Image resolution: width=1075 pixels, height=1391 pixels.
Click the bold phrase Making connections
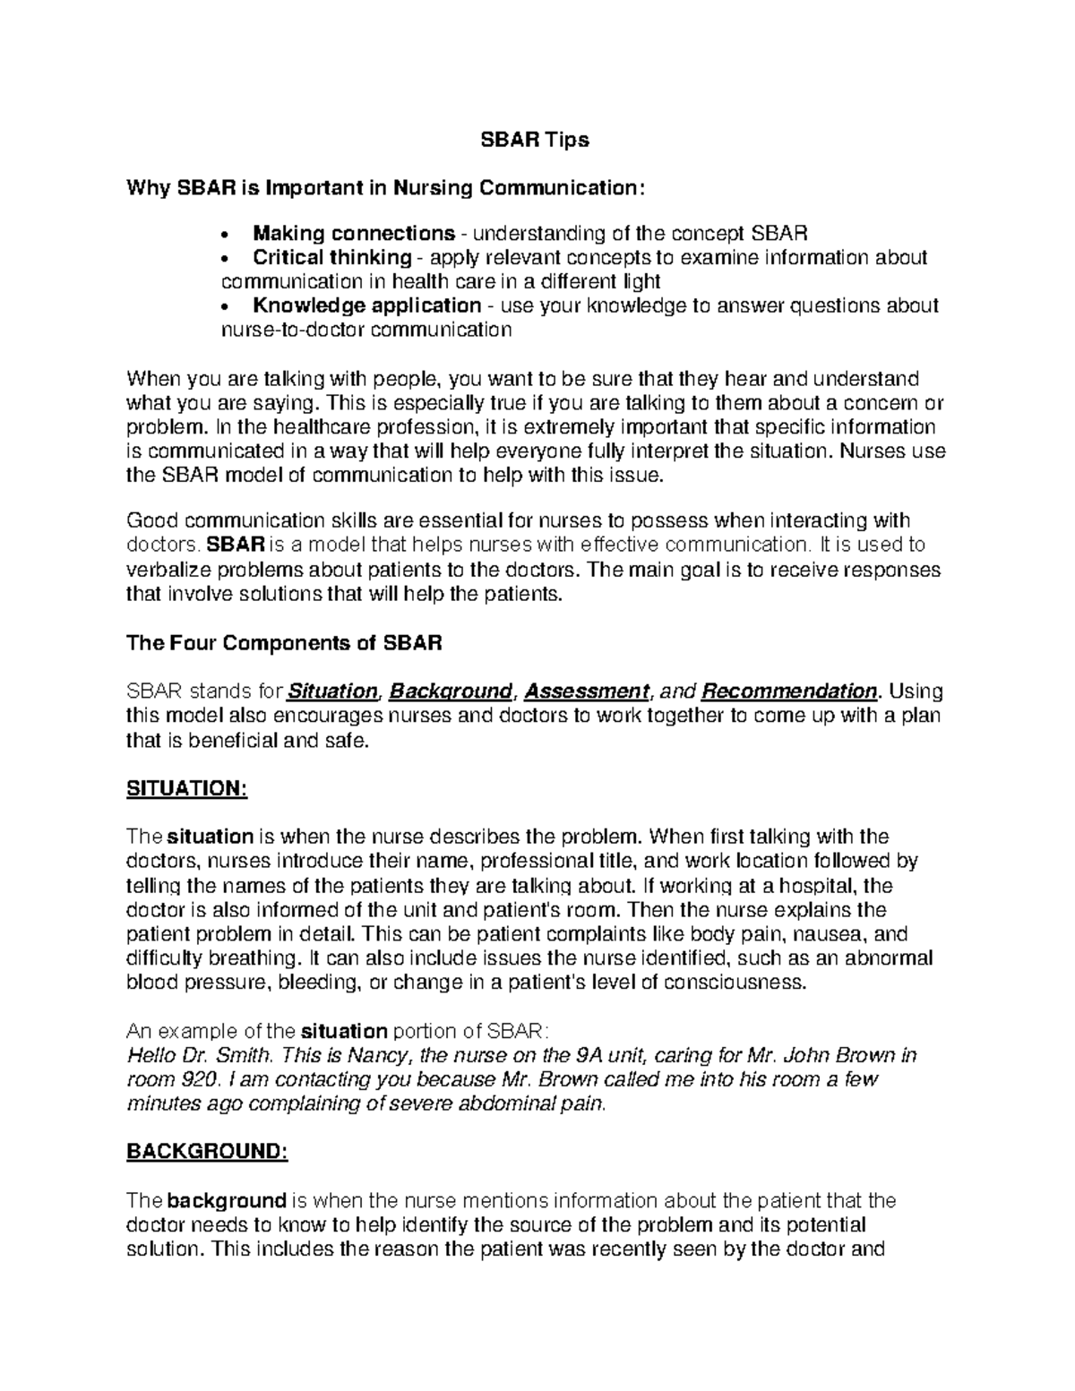pos(354,234)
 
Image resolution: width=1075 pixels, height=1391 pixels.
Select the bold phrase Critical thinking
pos(331,258)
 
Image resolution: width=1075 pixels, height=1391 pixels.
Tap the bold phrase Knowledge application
pos(367,305)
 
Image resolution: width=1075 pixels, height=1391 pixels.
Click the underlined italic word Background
pos(451,691)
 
